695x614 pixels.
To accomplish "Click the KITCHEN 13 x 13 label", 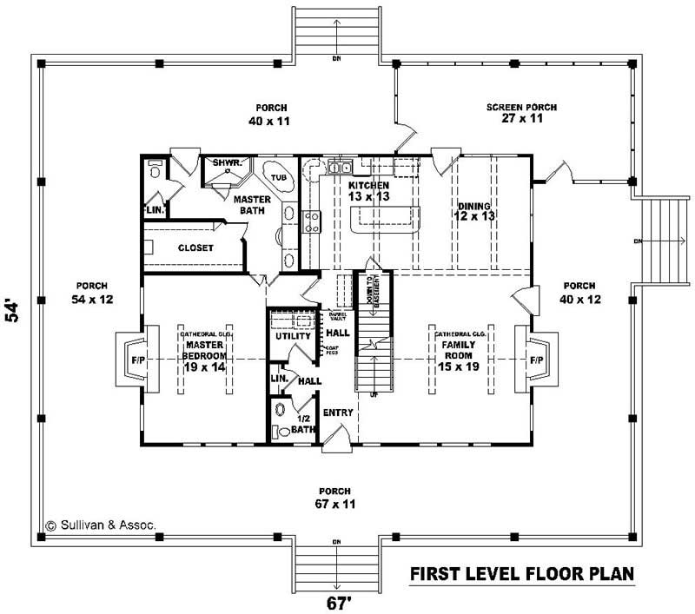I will pos(368,191).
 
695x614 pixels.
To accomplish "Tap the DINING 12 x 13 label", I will pos(474,209).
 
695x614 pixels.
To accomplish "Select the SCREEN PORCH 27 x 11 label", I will pos(521,113).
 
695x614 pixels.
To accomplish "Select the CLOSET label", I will pos(195,248).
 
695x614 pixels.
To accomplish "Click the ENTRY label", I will pos(337,413).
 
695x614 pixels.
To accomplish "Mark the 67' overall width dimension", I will pos(335,601).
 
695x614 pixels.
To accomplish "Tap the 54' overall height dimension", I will pos(12,310).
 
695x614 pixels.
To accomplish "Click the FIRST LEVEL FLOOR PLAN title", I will pos(521,574).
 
